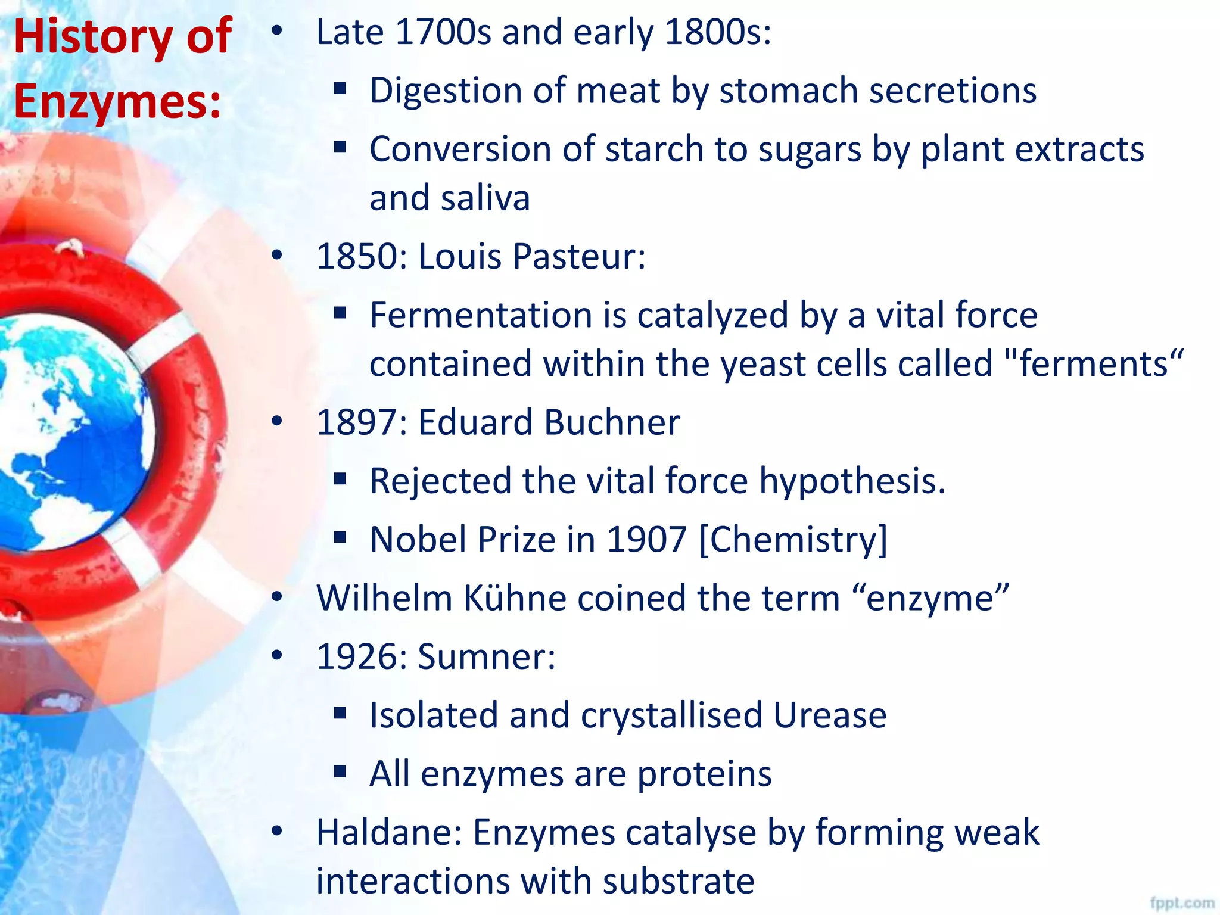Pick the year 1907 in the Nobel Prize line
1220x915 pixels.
coord(646,539)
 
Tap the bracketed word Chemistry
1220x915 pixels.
coord(793,539)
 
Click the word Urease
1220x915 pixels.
coord(830,715)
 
